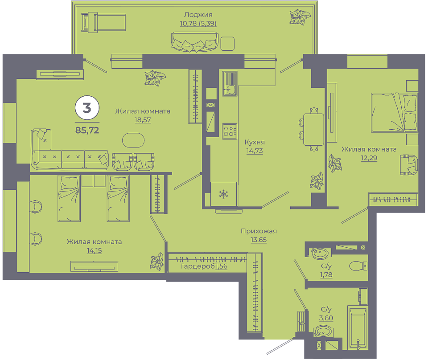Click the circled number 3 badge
[x=87, y=108]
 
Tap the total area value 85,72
[x=87, y=131]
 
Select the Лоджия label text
[x=198, y=14]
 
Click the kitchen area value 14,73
[x=255, y=151]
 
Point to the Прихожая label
[x=259, y=231]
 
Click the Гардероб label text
[x=198, y=266]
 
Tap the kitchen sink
[x=230, y=83]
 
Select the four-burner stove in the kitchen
[x=229, y=131]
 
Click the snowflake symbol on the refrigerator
[x=223, y=194]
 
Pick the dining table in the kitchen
[x=313, y=130]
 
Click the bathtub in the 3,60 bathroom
[x=358, y=328]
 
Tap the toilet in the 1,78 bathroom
[x=358, y=266]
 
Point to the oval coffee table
[x=133, y=140]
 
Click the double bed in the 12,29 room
[x=395, y=113]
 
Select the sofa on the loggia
[x=195, y=42]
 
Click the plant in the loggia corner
[x=300, y=17]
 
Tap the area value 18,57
[x=143, y=120]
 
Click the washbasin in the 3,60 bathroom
[x=322, y=332]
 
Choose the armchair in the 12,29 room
[x=409, y=164]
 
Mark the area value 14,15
[x=94, y=250]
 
